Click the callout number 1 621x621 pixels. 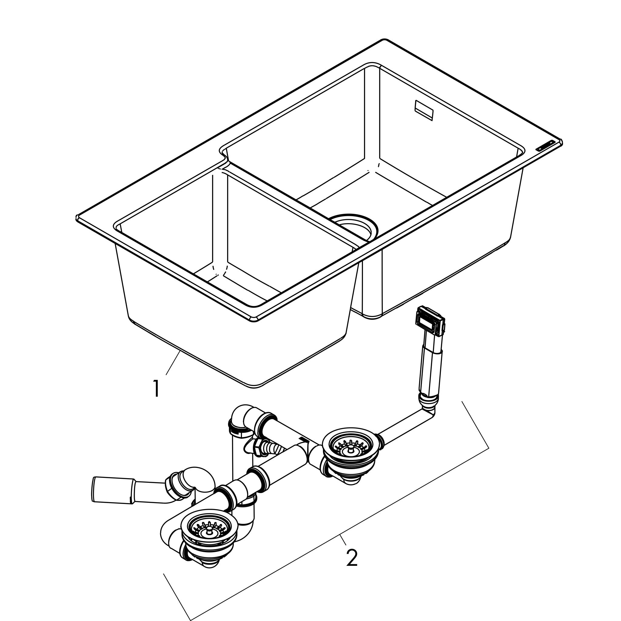click(156, 389)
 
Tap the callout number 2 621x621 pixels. click(352, 558)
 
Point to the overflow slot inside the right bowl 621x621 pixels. click(424, 110)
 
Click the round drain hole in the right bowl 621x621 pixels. click(354, 225)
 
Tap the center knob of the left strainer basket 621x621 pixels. click(209, 531)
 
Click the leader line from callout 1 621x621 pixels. click(173, 363)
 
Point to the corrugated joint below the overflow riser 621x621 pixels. click(428, 402)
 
